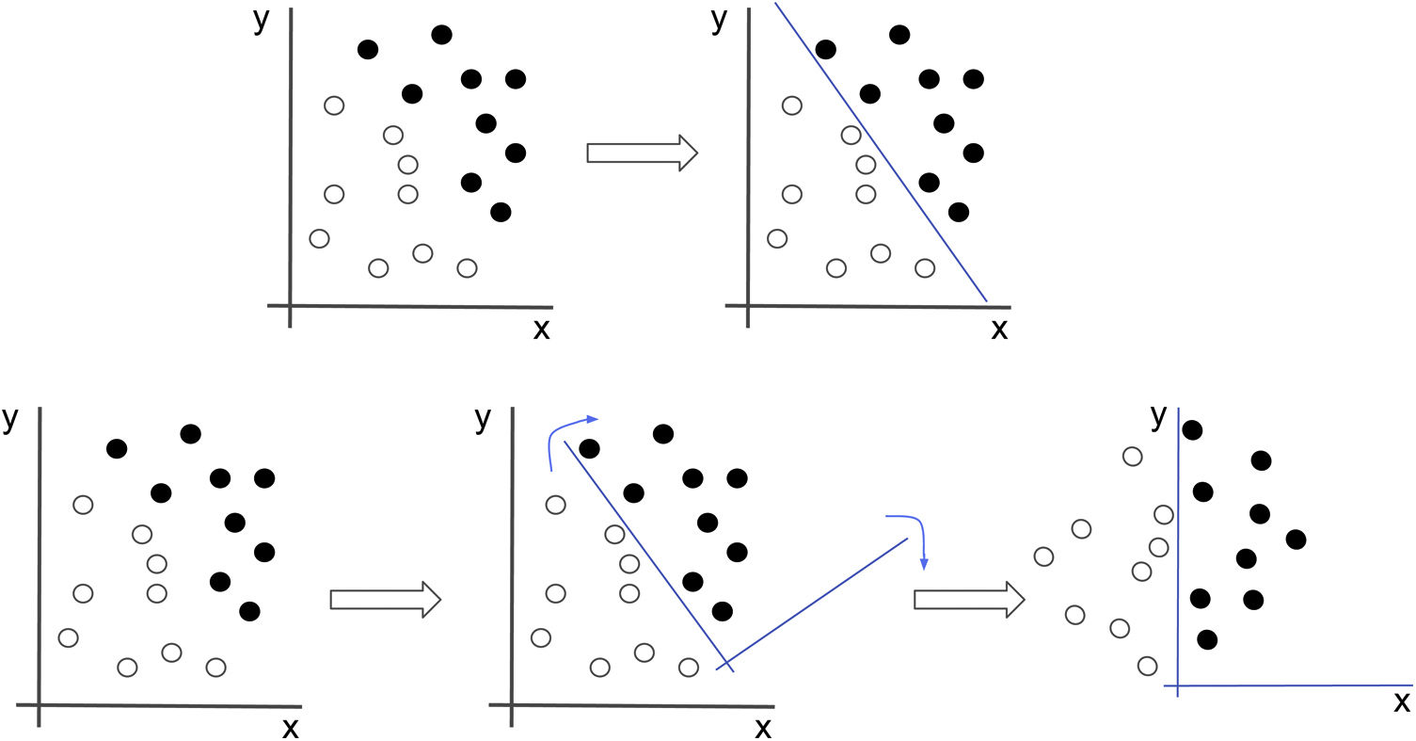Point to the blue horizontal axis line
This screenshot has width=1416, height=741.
click(1298, 685)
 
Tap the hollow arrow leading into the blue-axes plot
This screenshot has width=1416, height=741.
click(969, 599)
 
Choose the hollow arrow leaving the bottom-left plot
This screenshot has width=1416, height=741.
click(386, 599)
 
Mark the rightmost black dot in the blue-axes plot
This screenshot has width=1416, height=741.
click(1296, 539)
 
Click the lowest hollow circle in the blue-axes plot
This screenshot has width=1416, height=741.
click(1147, 666)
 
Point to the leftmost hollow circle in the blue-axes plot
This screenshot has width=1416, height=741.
click(1042, 556)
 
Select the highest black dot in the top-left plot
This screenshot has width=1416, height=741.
click(441, 35)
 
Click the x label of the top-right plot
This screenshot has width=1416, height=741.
click(999, 329)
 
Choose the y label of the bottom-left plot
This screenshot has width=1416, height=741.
click(10, 419)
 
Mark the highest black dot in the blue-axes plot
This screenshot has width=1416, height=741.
click(1192, 430)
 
